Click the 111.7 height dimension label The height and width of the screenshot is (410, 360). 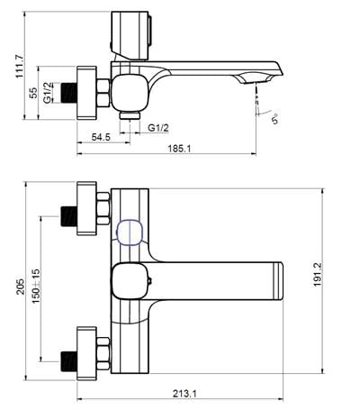tap(21, 67)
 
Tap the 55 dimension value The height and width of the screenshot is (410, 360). tap(33, 93)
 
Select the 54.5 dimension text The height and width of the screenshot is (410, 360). tap(101, 137)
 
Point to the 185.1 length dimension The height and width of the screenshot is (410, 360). tap(179, 149)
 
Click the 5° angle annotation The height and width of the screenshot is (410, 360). tap(274, 119)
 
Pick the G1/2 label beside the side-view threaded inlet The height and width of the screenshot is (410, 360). tap(48, 93)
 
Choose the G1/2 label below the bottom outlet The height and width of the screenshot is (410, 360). tap(158, 128)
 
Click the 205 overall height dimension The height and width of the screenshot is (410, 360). tap(21, 287)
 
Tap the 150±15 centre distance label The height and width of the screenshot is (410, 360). tap(36, 286)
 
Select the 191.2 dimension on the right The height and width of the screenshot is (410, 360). tap(318, 275)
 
